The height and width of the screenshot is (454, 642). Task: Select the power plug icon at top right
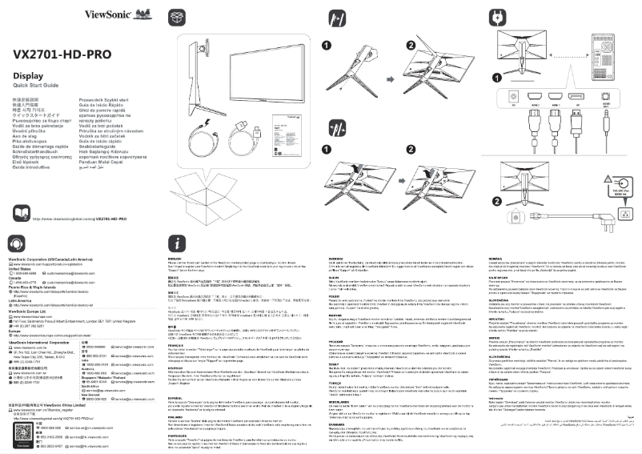498,17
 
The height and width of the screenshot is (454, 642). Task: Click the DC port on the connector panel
513,97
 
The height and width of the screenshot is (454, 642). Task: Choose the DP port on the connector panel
578,97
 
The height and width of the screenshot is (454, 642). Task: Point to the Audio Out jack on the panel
605,97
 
